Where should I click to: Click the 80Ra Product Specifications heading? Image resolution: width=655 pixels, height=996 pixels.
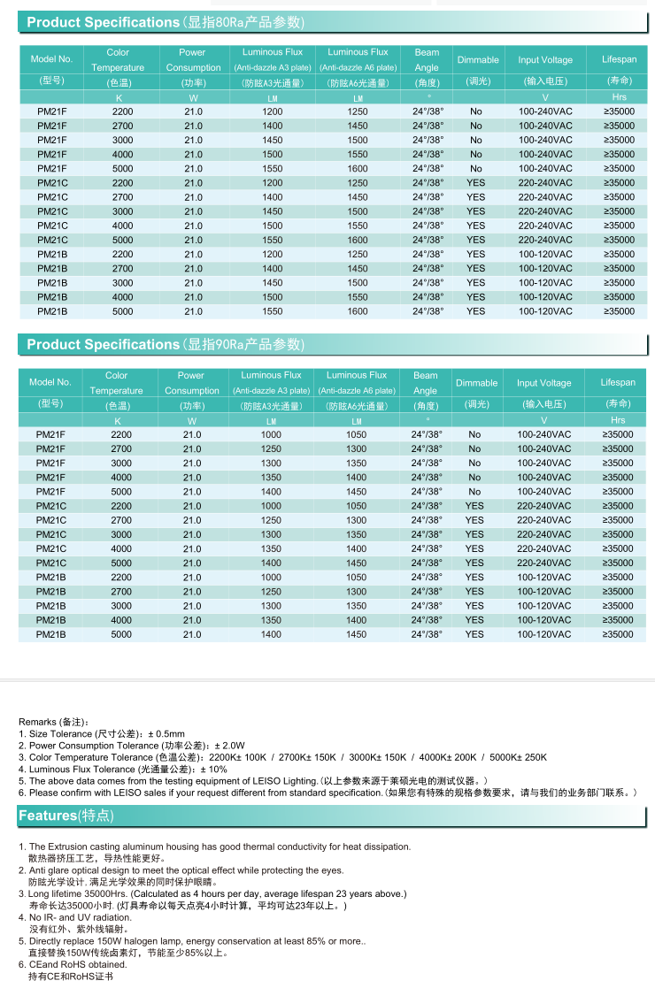pyautogui.click(x=165, y=22)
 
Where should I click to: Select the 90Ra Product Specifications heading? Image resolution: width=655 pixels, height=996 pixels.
pyautogui.click(x=165, y=344)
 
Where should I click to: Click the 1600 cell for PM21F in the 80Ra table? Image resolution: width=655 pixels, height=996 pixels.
pyautogui.click(x=358, y=169)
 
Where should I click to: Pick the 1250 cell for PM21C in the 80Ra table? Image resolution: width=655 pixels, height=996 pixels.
pyautogui.click(x=358, y=183)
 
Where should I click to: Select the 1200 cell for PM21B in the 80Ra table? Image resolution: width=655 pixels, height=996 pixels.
pyautogui.click(x=273, y=254)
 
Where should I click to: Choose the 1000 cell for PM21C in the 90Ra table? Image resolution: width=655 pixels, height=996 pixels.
pyautogui.click(x=271, y=506)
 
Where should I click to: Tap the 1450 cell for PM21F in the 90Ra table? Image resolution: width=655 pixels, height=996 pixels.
pyautogui.click(x=356, y=492)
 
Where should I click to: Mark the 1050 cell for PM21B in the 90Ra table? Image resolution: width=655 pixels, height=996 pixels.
pyautogui.click(x=356, y=577)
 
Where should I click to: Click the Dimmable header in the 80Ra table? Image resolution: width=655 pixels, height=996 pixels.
pyautogui.click(x=478, y=60)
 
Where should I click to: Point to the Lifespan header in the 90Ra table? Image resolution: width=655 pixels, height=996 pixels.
pyautogui.click(x=618, y=383)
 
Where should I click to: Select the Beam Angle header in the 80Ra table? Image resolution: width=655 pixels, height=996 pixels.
pyautogui.click(x=427, y=60)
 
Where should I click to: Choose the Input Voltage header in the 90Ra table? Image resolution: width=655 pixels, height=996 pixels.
pyautogui.click(x=544, y=383)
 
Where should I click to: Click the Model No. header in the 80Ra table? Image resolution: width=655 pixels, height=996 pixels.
pyautogui.click(x=51, y=60)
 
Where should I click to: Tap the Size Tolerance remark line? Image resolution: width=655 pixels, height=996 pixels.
pyautogui.click(x=102, y=734)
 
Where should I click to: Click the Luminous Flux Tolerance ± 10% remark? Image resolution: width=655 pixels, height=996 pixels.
pyautogui.click(x=123, y=770)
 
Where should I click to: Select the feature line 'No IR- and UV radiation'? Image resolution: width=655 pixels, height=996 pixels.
pyautogui.click(x=80, y=917)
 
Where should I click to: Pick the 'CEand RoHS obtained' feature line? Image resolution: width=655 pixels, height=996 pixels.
pyautogui.click(x=78, y=964)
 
